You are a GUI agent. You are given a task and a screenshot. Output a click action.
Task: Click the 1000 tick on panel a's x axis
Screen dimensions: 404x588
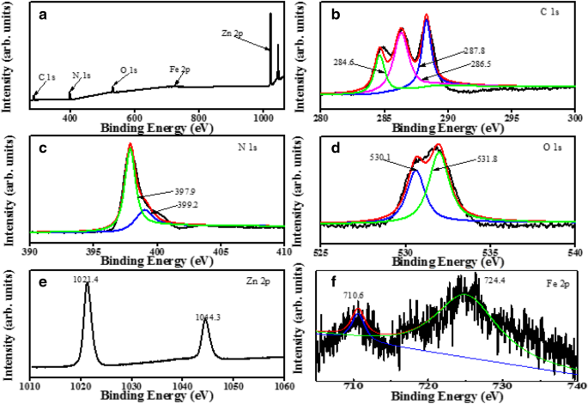(262, 117)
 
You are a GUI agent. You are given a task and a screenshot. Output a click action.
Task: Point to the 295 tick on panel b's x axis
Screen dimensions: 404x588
(511, 117)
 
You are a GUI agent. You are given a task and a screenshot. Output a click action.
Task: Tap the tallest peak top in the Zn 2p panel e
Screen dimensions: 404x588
(87, 285)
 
